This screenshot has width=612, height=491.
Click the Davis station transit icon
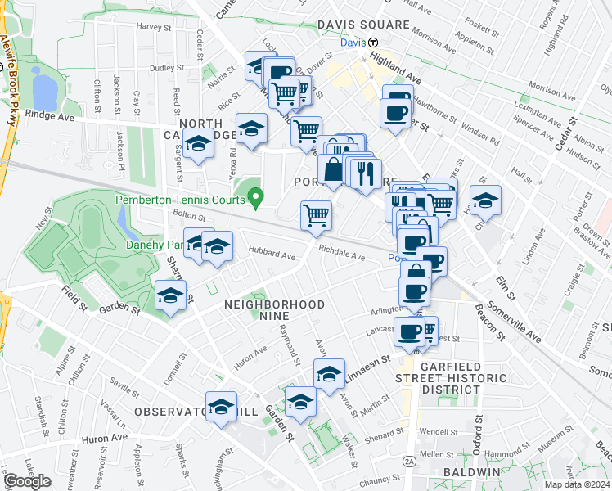(x=372, y=43)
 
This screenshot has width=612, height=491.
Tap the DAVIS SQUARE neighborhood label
(x=362, y=25)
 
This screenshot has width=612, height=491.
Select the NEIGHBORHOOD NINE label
(x=274, y=304)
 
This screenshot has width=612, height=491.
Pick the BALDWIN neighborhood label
(x=470, y=473)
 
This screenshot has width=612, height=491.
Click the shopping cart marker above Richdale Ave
(x=316, y=216)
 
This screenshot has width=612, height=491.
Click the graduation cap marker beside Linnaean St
(x=329, y=374)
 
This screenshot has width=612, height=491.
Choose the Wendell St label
(x=438, y=431)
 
